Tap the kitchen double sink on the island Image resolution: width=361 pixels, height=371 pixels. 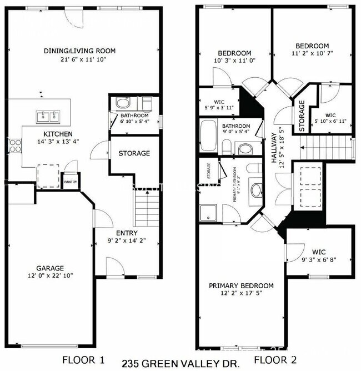click(48, 116)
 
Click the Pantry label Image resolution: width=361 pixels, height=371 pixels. click(71, 182)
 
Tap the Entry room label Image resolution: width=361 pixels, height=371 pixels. click(127, 233)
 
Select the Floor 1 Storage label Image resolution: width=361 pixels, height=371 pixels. click(134, 153)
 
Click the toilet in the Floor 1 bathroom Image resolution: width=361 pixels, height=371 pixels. click(122, 103)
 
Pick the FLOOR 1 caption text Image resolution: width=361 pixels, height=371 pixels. click(83, 359)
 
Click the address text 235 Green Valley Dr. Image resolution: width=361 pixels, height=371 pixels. click(180, 363)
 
